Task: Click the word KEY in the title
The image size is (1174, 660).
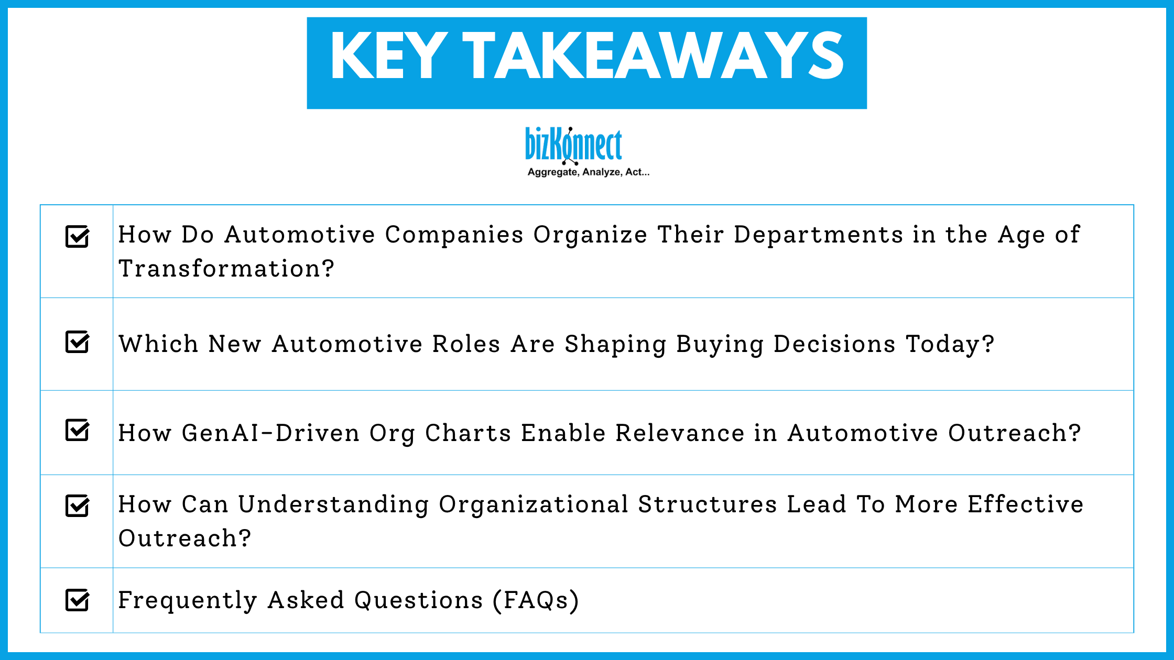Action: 388,56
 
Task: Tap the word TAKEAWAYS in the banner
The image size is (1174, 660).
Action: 653,56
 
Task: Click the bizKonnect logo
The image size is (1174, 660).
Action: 573,145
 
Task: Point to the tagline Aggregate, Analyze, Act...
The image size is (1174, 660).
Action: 588,172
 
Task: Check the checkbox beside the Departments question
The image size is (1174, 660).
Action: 77,236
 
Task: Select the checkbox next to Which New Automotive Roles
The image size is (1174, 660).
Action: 77,342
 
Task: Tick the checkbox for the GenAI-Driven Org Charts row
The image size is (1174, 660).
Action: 77,431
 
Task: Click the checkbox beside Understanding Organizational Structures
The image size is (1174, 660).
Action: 77,505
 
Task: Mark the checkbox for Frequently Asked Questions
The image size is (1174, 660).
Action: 77,600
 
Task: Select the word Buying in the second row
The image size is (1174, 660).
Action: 720,344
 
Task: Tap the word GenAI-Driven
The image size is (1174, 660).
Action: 270,433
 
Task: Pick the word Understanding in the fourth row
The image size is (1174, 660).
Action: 333,504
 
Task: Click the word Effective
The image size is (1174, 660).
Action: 1025,504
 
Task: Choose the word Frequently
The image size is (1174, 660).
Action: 187,600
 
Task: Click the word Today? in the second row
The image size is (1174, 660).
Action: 950,344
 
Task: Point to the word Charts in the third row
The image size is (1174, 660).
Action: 468,433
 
